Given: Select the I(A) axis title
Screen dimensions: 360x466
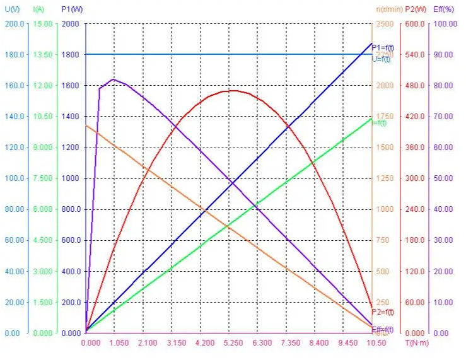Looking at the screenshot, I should [x=38, y=9].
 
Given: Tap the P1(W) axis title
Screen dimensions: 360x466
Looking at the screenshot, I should [x=71, y=9].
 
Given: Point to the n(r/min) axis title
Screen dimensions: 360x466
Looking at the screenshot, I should [x=389, y=9].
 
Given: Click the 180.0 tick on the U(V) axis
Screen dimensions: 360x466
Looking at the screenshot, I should [x=14, y=55].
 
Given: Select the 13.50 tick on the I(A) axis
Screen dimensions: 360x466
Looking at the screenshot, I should [x=43, y=55].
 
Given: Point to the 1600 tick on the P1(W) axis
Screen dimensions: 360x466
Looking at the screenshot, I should [x=71, y=86].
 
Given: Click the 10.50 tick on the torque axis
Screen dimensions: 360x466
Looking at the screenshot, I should [x=376, y=344].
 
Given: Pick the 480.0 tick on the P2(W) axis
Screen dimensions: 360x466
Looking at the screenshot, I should [x=415, y=86].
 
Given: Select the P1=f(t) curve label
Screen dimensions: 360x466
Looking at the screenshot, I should [x=383, y=47].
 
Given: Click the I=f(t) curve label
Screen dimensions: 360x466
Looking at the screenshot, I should [x=379, y=123].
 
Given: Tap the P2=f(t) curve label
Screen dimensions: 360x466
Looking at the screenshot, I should [x=383, y=311].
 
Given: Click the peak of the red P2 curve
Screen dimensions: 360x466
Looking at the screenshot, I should [x=233, y=91].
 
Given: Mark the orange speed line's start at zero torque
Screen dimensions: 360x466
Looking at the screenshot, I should [x=86, y=126].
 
